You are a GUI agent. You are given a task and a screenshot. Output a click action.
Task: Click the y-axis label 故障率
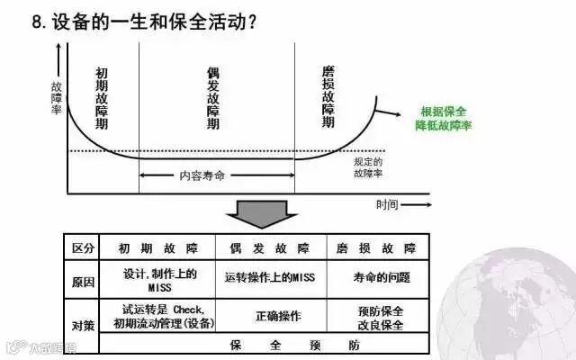point(57,95)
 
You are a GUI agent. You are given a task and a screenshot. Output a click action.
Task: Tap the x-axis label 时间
point(388,203)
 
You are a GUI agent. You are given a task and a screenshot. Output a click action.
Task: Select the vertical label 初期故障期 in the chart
point(102,99)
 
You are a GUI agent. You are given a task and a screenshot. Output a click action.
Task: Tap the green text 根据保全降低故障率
point(443,119)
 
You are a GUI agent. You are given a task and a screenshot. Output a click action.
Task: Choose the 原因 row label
point(82,281)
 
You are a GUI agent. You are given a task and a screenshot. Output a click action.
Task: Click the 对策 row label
point(82,324)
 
